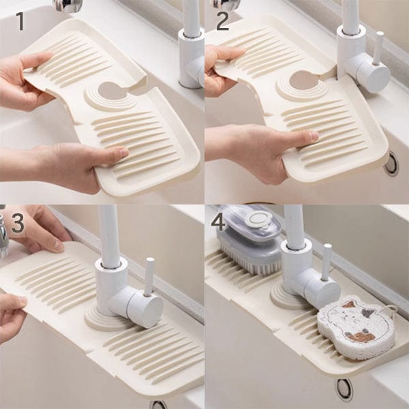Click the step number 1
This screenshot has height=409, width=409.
click(20, 21)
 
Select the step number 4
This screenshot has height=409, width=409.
click(218, 222)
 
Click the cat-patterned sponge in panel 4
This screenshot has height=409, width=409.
click(357, 327)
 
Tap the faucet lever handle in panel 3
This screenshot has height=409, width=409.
click(149, 277)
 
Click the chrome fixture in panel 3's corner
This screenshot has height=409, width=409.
click(3, 234)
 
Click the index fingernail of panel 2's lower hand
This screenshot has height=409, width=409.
click(314, 136)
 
